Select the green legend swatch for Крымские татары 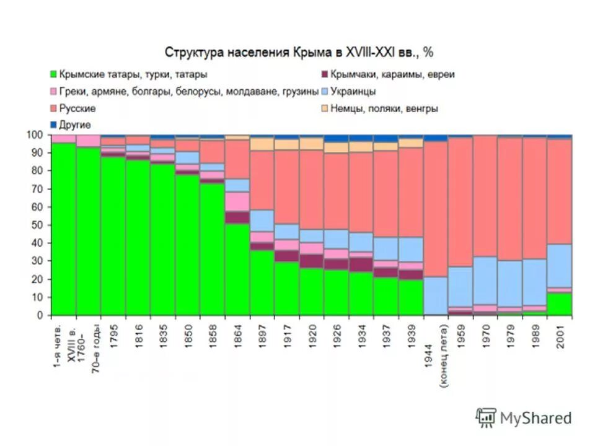(54, 74)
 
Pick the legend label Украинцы (353, 91)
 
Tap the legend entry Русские (77, 108)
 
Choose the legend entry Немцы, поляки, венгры (384, 108)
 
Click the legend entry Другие (75, 125)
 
